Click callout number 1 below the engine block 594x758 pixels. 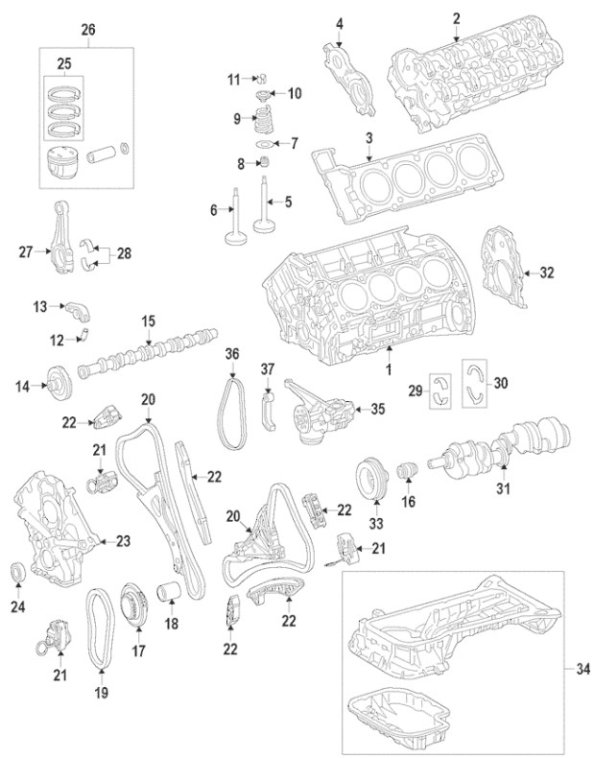(x=389, y=369)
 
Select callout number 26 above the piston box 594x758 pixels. (x=89, y=29)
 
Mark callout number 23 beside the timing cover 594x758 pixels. (x=122, y=542)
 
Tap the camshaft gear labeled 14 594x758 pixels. (x=59, y=386)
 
